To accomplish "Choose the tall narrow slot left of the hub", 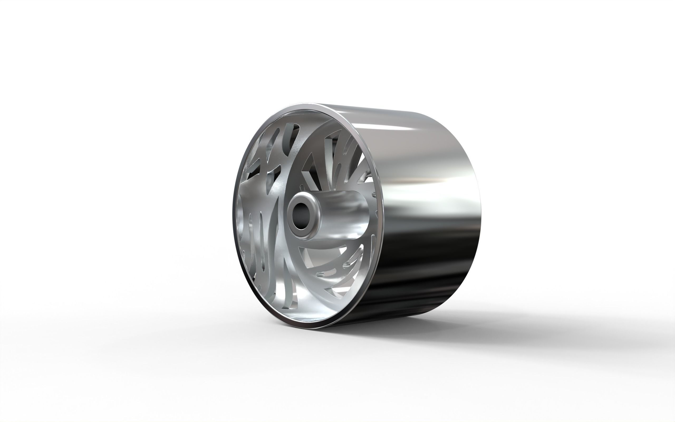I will (x=262, y=237).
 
